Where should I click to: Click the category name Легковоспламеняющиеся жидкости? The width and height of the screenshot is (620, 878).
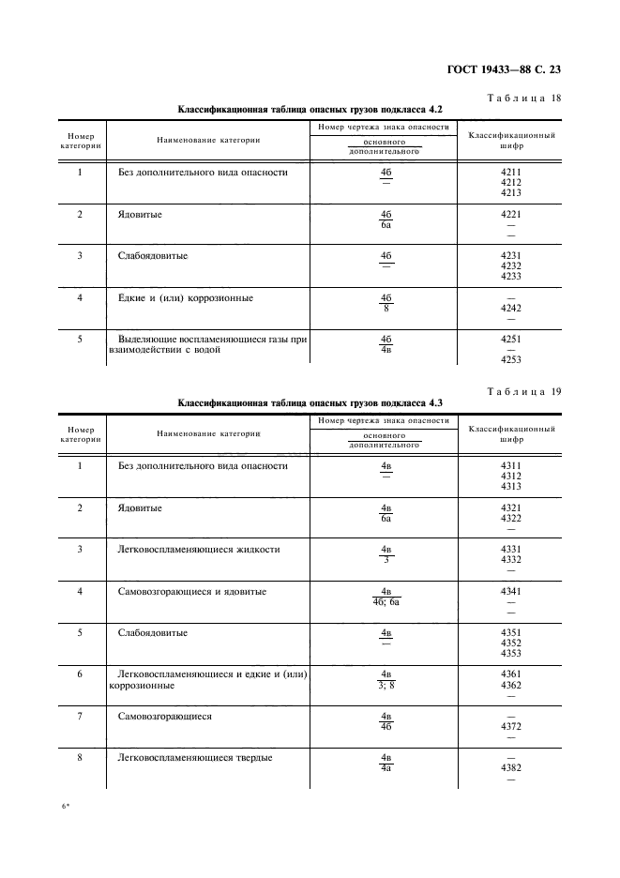[199, 549]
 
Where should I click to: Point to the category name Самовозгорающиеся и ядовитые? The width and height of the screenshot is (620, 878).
[192, 591]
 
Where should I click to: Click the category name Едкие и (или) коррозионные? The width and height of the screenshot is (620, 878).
[186, 298]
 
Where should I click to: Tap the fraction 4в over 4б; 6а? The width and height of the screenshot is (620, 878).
[386, 597]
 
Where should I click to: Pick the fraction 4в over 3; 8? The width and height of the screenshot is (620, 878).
[386, 680]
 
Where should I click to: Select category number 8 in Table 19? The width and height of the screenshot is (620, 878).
[80, 758]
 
